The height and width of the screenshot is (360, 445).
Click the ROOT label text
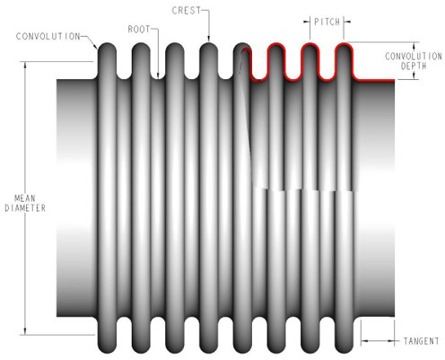(x=140, y=29)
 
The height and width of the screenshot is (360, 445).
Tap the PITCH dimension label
(x=327, y=20)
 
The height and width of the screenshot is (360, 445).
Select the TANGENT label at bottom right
(x=420, y=340)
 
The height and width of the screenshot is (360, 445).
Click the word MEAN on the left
(x=26, y=197)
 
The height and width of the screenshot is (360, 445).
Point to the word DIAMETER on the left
(x=26, y=206)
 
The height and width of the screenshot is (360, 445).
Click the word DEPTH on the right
(x=414, y=66)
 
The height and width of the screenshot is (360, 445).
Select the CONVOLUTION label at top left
(x=48, y=37)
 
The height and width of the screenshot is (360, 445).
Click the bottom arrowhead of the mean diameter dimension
(x=26, y=329)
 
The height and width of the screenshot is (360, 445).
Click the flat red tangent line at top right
(x=377, y=79)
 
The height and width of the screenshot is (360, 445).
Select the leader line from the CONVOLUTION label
(x=93, y=40)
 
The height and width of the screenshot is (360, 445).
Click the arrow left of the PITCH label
(x=308, y=20)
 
